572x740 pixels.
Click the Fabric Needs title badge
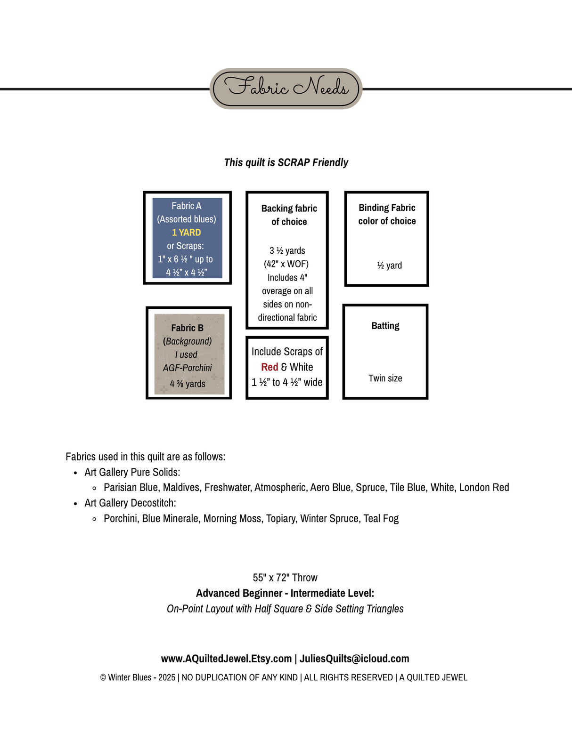click(x=286, y=88)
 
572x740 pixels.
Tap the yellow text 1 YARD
click(x=186, y=233)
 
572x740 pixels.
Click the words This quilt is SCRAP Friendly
click(x=286, y=162)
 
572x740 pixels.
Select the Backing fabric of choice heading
click(x=289, y=215)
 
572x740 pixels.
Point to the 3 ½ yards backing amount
click(x=287, y=250)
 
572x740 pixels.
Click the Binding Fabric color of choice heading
click(x=387, y=214)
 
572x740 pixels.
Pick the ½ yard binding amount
click(x=389, y=265)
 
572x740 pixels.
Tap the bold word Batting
click(x=385, y=326)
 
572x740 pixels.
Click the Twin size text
click(x=385, y=378)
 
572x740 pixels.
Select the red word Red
click(x=270, y=367)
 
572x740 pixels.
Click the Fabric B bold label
click(x=187, y=328)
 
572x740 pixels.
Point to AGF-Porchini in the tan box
click(x=187, y=368)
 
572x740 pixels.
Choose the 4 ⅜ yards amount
click(x=188, y=384)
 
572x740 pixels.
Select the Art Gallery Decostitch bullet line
click(x=130, y=503)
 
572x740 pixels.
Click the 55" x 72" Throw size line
click(x=285, y=578)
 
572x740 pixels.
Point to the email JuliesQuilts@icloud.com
click(x=354, y=659)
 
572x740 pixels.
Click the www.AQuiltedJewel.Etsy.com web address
click(x=226, y=659)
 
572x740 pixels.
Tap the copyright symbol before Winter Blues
click(x=103, y=678)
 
